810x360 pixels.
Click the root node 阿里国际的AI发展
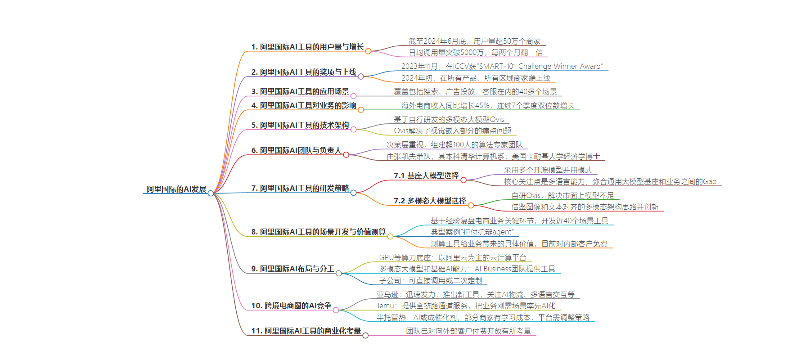click(176, 189)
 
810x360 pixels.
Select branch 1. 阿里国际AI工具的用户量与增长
click(307, 47)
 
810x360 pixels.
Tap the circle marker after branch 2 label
click(361, 76)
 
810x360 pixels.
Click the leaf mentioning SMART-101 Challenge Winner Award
click(502, 66)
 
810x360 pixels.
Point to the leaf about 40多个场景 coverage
click(476, 91)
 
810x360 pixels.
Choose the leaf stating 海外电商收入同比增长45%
click(488, 105)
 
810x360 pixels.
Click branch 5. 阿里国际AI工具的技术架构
click(300, 125)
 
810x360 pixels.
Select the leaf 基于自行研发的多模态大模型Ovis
click(449, 119)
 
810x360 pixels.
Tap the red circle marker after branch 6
click(346, 155)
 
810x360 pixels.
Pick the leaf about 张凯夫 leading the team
click(494, 156)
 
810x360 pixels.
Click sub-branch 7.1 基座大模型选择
click(427, 175)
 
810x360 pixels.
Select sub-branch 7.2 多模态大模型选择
click(430, 201)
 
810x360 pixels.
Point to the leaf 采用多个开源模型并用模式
click(548, 170)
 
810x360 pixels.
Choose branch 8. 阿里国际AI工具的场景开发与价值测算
click(319, 232)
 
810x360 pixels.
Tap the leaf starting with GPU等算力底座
click(453, 257)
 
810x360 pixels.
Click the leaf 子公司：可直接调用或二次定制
click(431, 280)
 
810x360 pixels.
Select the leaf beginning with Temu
click(466, 306)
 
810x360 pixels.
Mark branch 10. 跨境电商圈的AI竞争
click(291, 306)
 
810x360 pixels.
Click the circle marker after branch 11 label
click(365, 335)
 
